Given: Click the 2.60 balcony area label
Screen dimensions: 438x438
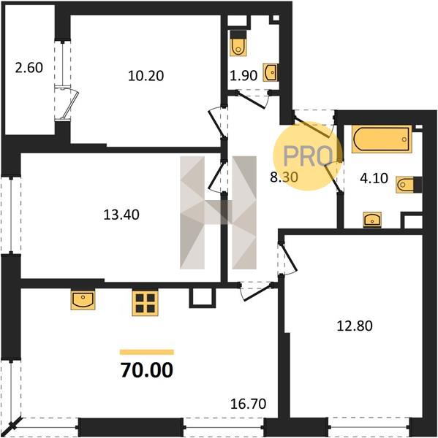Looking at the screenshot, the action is tap(29, 68).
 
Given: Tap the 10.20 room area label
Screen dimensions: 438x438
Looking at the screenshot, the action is tap(146, 76).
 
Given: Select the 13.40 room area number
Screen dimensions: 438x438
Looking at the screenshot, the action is tap(121, 215).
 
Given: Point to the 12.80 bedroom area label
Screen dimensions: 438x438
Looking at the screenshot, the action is tap(355, 326).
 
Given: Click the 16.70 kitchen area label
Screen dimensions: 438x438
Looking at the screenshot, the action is tap(248, 404).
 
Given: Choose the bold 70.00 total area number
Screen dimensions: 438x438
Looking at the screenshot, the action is tap(147, 370).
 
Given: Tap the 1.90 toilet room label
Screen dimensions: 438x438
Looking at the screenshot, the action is tap(243, 75).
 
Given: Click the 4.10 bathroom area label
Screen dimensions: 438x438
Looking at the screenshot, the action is tap(374, 178).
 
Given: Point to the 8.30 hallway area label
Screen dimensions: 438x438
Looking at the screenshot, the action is tap(284, 177).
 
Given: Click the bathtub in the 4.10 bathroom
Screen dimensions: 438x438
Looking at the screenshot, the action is tap(382, 139).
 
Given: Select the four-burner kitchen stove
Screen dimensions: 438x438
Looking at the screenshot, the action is tap(145, 303).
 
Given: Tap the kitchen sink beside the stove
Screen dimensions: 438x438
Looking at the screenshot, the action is tap(83, 300).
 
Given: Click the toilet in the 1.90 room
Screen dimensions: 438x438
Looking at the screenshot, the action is tap(238, 43).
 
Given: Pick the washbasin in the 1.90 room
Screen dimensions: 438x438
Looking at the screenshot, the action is tap(270, 72).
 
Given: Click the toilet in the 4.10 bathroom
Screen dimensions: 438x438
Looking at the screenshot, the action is tap(409, 185).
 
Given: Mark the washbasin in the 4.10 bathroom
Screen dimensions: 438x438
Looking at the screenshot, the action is tap(372, 219).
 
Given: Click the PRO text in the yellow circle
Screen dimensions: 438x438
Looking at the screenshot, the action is tap(308, 156).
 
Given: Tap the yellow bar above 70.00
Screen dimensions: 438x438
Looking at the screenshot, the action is tap(147, 353).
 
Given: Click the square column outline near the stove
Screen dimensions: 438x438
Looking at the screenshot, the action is tap(203, 298).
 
